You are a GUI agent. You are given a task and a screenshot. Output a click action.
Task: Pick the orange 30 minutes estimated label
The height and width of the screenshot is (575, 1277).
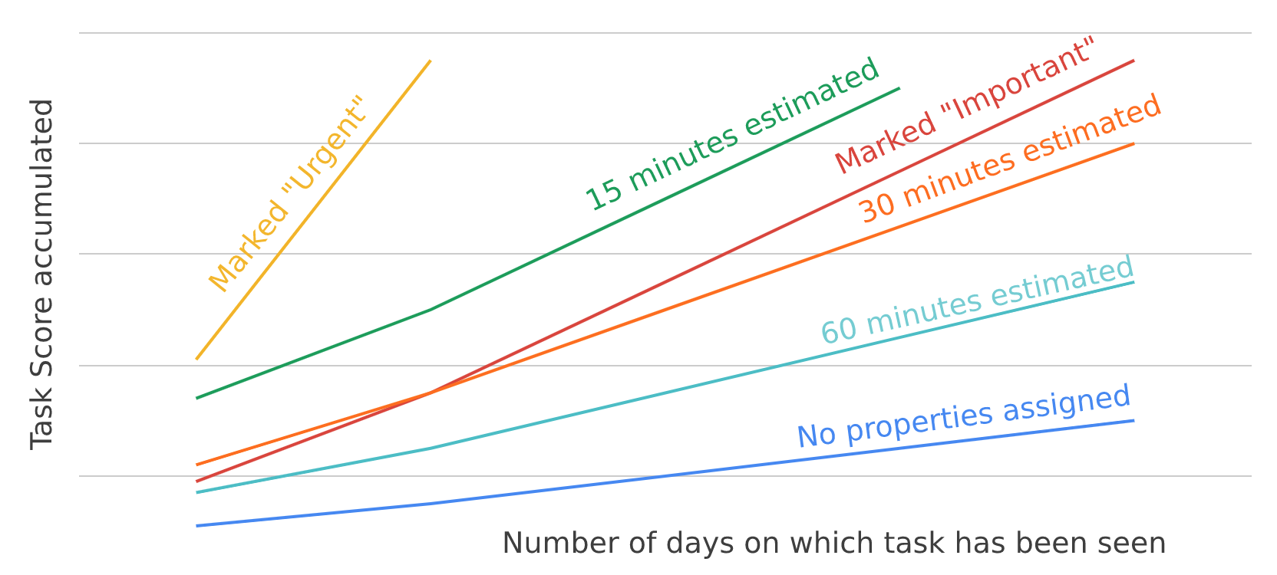point(1009,159)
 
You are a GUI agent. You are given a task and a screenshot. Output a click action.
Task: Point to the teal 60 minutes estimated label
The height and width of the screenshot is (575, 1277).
point(977,301)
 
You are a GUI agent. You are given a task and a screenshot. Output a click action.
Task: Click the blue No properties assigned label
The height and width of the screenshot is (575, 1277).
point(964,416)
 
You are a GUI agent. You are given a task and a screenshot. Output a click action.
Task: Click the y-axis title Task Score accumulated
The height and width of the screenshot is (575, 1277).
point(42,274)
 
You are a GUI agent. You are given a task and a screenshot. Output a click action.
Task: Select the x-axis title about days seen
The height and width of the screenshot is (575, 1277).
point(833,543)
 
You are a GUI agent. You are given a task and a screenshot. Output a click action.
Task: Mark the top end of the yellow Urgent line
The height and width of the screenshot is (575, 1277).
point(431,61)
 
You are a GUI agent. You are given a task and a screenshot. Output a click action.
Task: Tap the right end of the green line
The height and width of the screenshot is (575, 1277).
point(899,88)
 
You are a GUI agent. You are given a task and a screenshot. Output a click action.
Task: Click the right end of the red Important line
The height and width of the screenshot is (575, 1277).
point(1133,61)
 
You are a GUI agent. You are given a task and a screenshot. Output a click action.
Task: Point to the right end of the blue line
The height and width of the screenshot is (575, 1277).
point(1133,420)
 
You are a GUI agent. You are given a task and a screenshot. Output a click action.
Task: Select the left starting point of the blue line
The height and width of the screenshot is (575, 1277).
point(197,526)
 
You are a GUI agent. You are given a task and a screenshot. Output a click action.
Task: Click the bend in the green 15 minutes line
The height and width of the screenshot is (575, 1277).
point(431,310)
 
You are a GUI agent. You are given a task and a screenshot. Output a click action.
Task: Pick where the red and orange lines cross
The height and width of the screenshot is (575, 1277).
point(431,393)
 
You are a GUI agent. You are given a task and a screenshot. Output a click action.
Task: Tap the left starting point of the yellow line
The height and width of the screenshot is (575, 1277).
point(197,359)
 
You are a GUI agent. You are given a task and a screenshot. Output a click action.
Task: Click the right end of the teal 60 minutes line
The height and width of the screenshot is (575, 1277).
point(1133,282)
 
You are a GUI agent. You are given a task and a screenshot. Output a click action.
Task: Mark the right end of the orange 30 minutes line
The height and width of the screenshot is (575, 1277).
point(1133,143)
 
